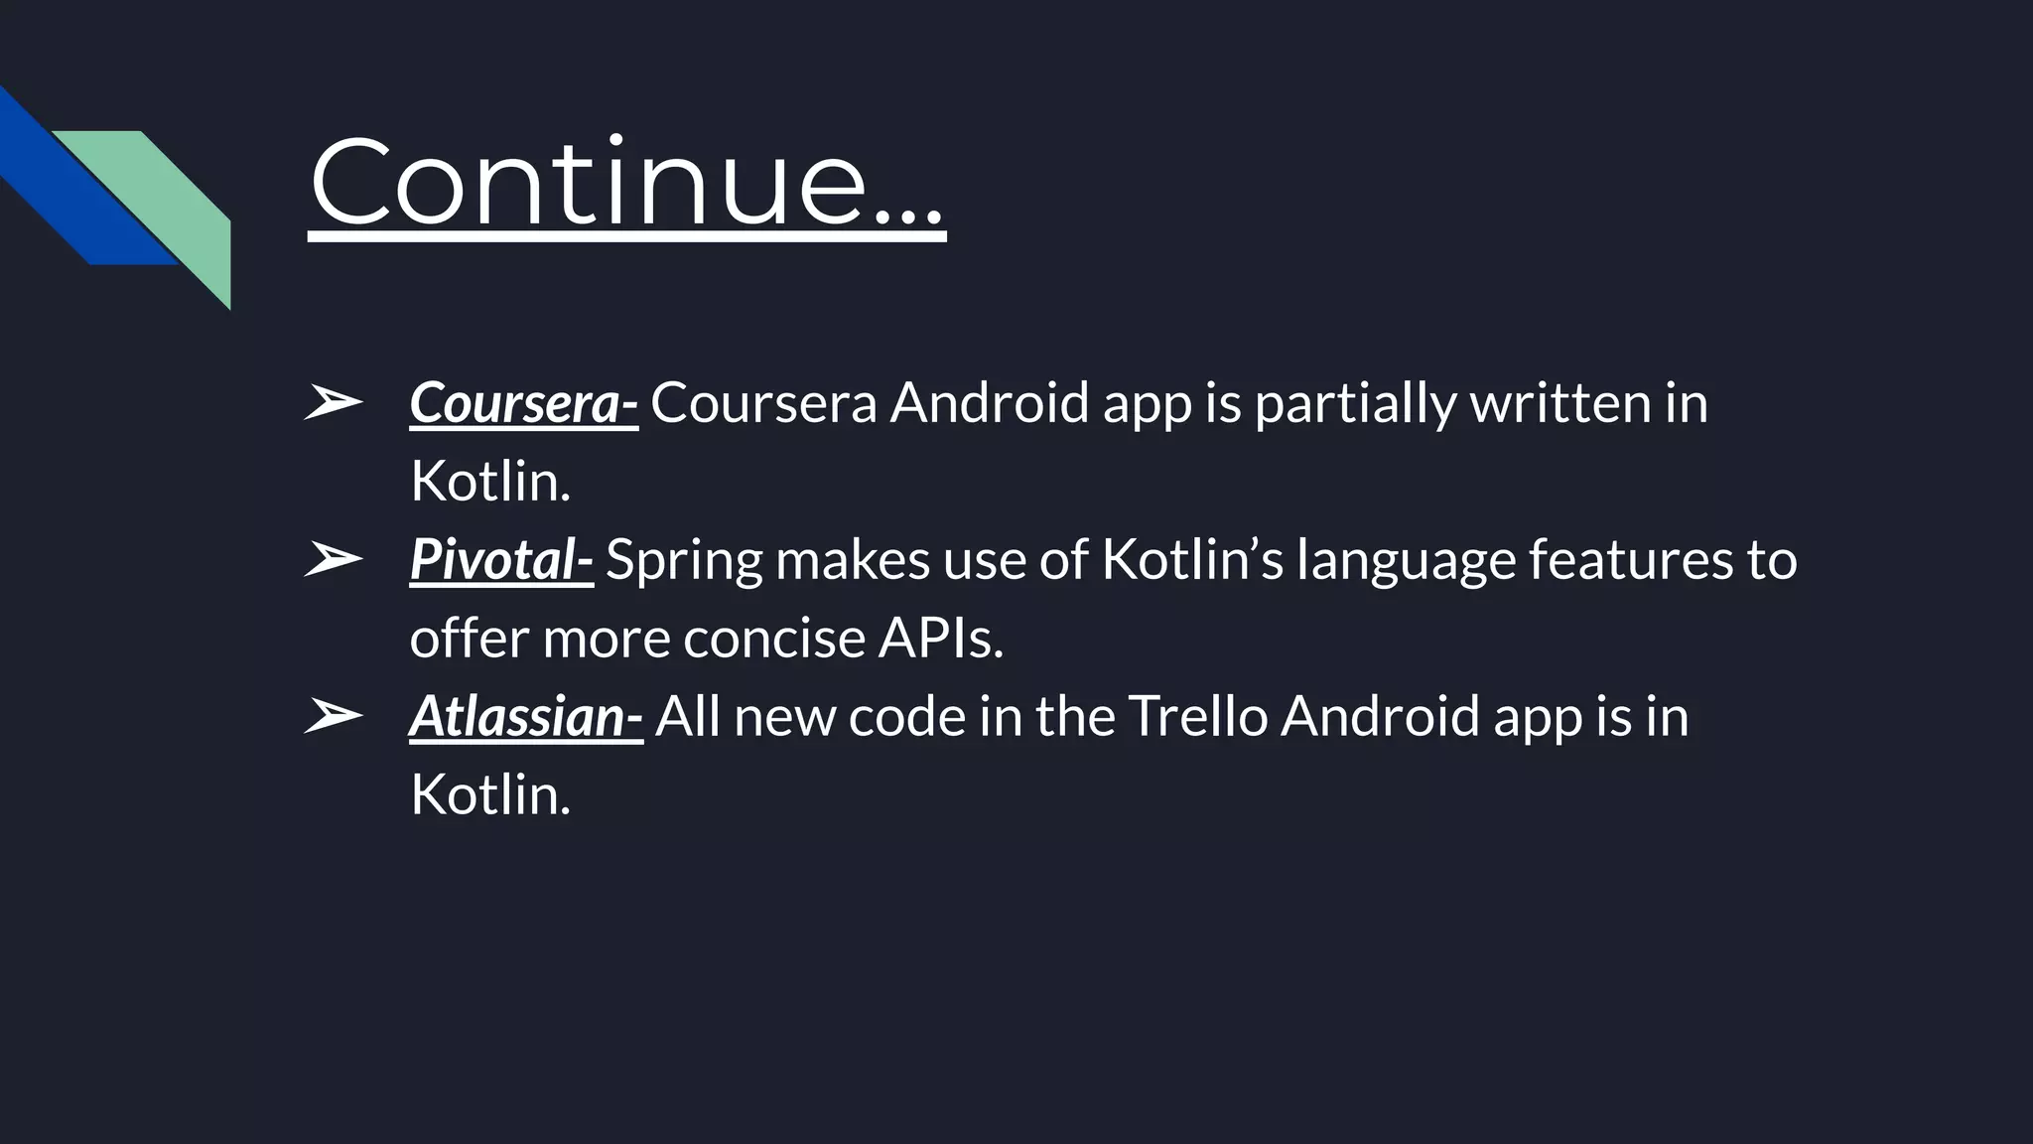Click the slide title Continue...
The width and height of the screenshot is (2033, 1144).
click(x=625, y=183)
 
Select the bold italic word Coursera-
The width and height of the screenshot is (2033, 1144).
click(x=523, y=403)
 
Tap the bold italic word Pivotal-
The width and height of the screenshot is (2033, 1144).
click(x=501, y=559)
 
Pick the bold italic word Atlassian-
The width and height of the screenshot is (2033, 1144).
click(x=526, y=716)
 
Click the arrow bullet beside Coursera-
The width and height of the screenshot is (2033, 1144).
click(x=333, y=403)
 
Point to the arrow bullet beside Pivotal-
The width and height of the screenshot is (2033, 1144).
click(x=333, y=559)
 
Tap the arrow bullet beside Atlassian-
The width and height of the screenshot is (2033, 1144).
click(x=333, y=716)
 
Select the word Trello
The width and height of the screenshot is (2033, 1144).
click(x=1198, y=716)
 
